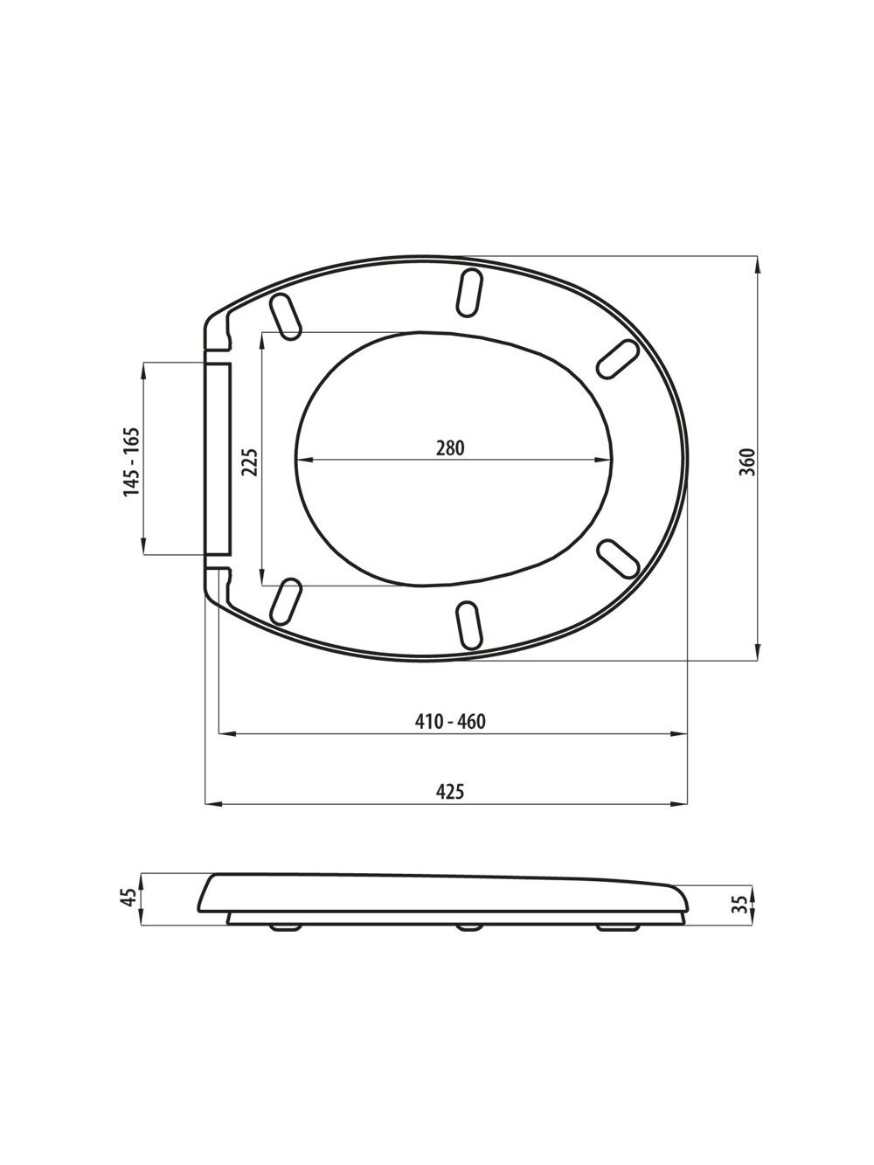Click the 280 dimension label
449,448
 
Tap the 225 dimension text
250,461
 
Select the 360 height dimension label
747,461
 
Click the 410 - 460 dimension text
450,721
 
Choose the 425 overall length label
450,806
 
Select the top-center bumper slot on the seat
470,293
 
